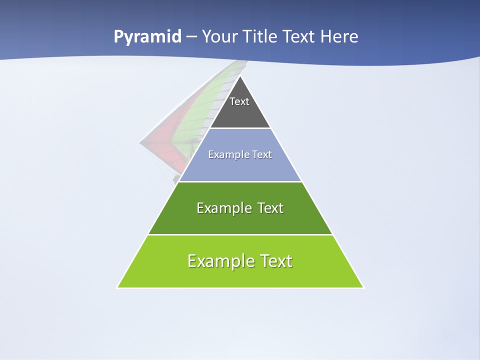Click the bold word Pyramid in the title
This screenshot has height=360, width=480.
tap(147, 37)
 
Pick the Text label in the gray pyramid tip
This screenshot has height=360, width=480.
tap(239, 101)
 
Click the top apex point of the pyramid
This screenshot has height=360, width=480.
tap(240, 76)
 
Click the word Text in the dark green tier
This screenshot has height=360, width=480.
tap(270, 208)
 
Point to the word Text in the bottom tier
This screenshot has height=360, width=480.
tap(275, 261)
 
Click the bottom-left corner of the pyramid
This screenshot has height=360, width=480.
tap(117, 287)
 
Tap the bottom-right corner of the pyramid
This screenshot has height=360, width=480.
tap(363, 287)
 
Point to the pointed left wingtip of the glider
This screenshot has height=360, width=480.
tap(140, 142)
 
